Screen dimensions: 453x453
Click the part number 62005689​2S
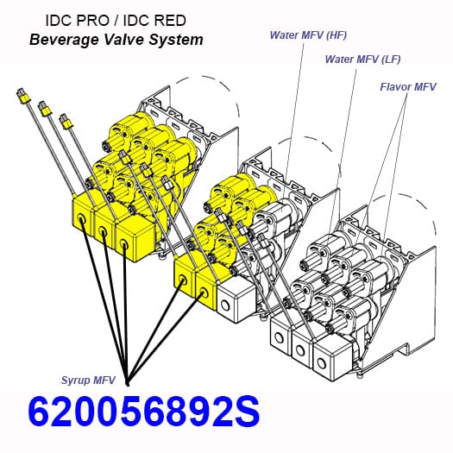click(143, 412)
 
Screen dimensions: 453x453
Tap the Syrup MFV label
click(88, 381)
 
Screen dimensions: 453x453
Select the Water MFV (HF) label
click(308, 35)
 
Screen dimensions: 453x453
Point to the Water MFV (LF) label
click(362, 60)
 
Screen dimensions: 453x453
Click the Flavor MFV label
click(407, 86)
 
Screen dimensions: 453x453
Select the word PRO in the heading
click(92, 21)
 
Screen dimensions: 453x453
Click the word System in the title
click(176, 40)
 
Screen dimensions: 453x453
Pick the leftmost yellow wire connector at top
click(23, 96)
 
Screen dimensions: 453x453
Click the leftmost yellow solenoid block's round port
click(81, 221)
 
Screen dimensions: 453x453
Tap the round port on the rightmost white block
click(321, 362)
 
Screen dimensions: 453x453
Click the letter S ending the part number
click(246, 412)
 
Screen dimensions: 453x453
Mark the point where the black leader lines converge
click(128, 384)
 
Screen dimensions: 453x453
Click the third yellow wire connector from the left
click(66, 121)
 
